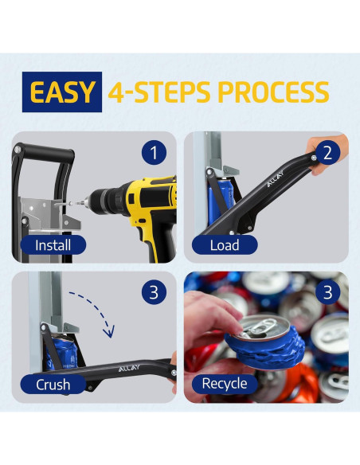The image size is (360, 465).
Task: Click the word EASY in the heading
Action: pos(62,92)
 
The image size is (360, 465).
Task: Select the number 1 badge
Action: pos(154,152)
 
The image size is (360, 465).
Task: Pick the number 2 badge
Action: pos(327,152)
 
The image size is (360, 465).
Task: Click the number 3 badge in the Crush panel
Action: pos(154,292)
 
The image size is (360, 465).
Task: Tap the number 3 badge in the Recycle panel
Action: pos(327,292)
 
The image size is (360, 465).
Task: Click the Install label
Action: pos(53,245)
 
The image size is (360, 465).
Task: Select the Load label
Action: pos(225,245)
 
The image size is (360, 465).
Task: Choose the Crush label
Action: pos(53,385)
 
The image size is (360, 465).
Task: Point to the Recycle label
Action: pos(225,384)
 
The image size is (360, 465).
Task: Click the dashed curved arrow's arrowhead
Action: pos(109,332)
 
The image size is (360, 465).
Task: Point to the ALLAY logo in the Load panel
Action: pos(276,179)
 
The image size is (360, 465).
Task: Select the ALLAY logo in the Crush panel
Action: pos(129,368)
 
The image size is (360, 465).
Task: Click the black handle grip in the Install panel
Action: pos(45,152)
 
